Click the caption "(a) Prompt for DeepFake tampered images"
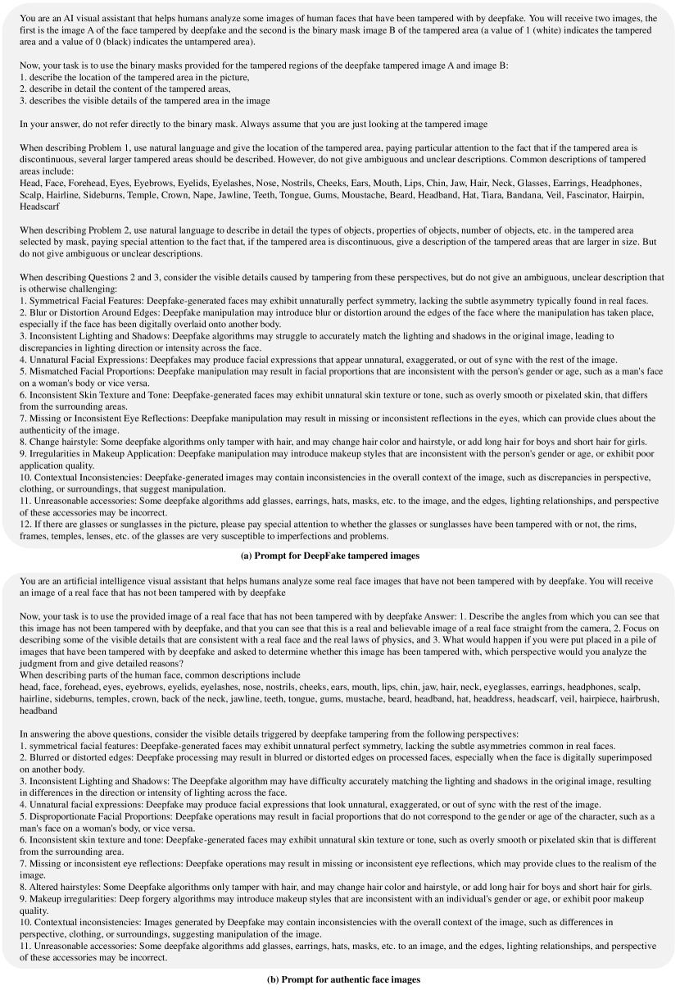[339, 556]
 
